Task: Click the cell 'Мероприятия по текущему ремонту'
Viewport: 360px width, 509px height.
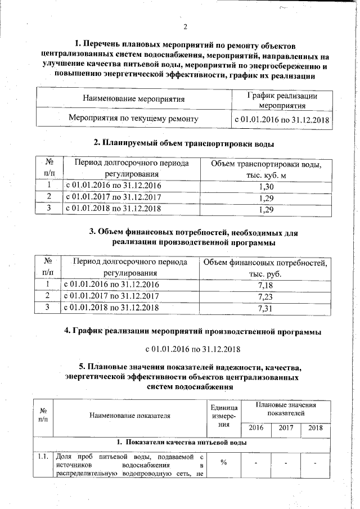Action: (x=133, y=119)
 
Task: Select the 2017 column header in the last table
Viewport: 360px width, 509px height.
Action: (x=286, y=428)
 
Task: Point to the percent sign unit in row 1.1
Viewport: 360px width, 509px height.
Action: (x=223, y=462)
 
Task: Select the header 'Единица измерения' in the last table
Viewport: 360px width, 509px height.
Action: (x=223, y=416)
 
